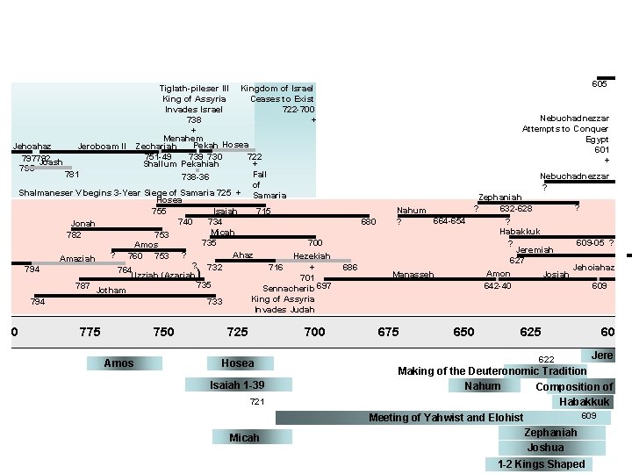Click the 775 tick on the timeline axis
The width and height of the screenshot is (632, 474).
90,332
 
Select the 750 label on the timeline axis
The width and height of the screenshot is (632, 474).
163,332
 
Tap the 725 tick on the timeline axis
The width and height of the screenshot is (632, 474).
237,332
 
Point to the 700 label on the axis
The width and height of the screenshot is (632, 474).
313,332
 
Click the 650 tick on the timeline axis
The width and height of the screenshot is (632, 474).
463,332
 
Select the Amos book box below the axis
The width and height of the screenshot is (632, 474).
118,363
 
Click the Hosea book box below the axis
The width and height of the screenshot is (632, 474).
238,363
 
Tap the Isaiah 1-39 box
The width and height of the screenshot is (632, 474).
237,385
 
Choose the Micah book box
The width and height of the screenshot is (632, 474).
244,437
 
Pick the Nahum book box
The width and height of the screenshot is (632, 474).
483,386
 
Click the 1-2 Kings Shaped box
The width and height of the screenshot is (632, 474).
541,464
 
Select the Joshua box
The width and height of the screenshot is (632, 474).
545,448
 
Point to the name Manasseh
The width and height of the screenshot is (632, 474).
413,275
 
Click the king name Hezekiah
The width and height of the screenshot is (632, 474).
312,256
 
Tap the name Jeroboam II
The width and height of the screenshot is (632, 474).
103,146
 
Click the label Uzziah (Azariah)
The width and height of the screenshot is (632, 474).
163,276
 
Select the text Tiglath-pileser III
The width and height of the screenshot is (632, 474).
194,89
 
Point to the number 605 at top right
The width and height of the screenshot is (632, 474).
600,84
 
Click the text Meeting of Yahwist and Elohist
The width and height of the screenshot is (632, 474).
446,417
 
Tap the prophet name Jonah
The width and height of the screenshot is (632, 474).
83,224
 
